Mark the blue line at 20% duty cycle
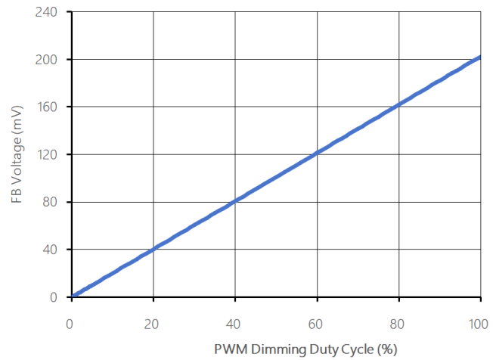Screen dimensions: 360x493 point(153,250)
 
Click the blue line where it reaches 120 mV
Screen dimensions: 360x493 point(317,154)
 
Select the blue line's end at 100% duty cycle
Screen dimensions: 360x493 point(479,57)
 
